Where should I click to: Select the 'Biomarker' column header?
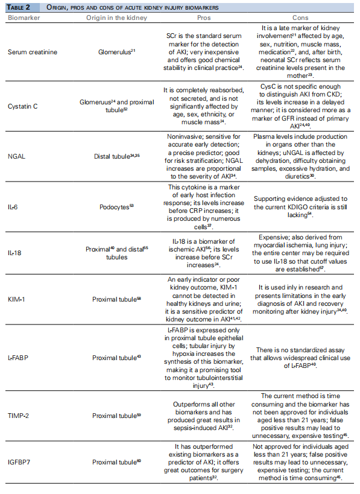(23, 17)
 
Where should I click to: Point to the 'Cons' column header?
(301, 17)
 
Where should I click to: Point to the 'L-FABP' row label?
(18, 358)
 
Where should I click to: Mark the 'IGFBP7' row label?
(19, 462)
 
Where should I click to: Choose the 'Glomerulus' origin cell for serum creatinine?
(115, 52)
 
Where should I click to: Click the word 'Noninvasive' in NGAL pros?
(184, 137)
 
